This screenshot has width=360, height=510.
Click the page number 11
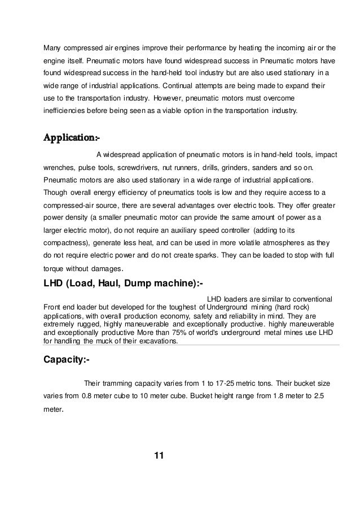click(158, 456)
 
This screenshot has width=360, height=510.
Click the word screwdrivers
click(151, 168)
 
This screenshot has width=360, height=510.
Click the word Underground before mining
click(230, 307)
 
